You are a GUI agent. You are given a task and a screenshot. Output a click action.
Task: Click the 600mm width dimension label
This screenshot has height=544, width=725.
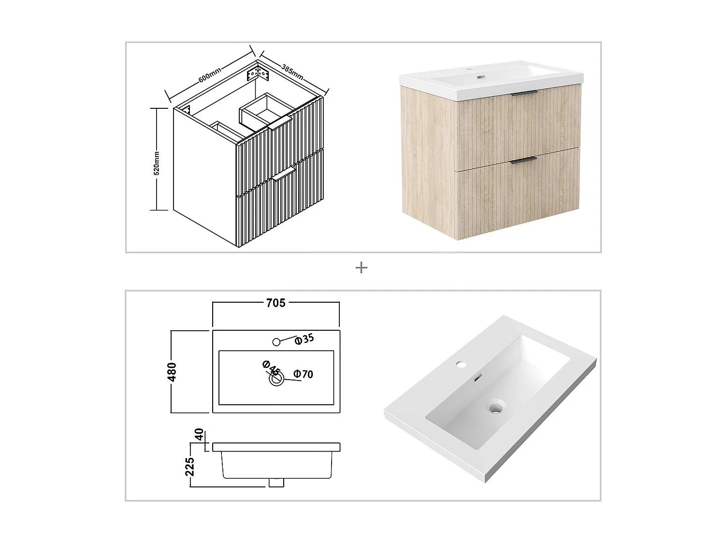[x=210, y=74]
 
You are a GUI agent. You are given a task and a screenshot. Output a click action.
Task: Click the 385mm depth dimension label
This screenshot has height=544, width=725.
[x=292, y=71]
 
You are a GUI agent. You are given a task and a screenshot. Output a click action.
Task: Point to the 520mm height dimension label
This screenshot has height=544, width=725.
[x=156, y=162]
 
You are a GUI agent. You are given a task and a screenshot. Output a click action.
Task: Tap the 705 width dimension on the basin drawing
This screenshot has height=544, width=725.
[x=275, y=303]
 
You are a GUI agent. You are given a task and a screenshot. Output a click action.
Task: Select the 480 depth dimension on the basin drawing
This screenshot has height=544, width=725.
[x=173, y=371]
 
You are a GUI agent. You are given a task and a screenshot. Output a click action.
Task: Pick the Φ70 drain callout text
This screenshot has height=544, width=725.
[x=304, y=374]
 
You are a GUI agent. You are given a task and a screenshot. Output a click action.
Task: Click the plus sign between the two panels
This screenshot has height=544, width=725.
[x=361, y=267]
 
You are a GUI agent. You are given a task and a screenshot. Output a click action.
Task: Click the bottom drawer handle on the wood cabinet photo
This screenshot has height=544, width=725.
[x=523, y=160]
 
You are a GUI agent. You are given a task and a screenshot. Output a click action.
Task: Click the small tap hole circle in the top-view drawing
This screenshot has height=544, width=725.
[x=276, y=342]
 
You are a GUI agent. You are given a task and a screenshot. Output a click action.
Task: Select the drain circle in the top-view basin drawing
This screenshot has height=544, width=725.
[x=276, y=380]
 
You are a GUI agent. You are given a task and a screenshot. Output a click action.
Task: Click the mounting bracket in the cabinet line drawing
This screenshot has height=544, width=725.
[x=257, y=74]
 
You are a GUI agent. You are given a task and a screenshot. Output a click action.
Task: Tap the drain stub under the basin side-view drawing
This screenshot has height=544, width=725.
[x=276, y=482]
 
